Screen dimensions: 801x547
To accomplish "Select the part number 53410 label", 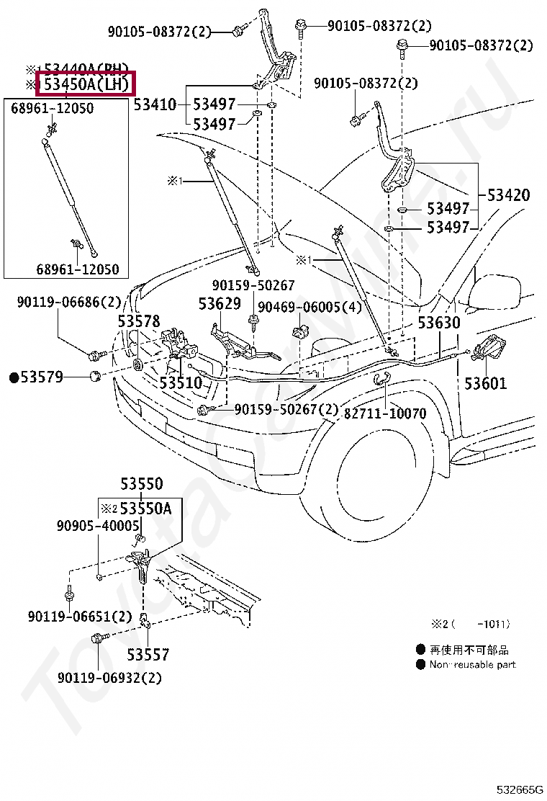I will coord(155,105).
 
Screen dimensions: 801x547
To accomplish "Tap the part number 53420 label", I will coord(508,195).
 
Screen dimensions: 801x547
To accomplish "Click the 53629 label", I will coord(220,304).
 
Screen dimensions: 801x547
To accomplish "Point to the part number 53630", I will coord(438,323).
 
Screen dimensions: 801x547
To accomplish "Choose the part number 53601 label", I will coord(485,383).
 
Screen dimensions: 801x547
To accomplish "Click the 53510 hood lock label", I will coord(181,382).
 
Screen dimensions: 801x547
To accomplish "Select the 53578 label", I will coord(140,321).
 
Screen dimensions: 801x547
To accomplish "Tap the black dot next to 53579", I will coord(14,377).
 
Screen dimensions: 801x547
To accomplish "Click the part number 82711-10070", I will coord(385,413).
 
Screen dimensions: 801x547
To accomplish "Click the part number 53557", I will coord(148,655).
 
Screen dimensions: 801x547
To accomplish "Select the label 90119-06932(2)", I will coord(109,678).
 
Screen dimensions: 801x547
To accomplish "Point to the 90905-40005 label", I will coord(98,527).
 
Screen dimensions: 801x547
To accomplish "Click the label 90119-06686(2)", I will coord(69,303).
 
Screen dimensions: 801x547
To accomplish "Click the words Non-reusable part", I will coord(473,664).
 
